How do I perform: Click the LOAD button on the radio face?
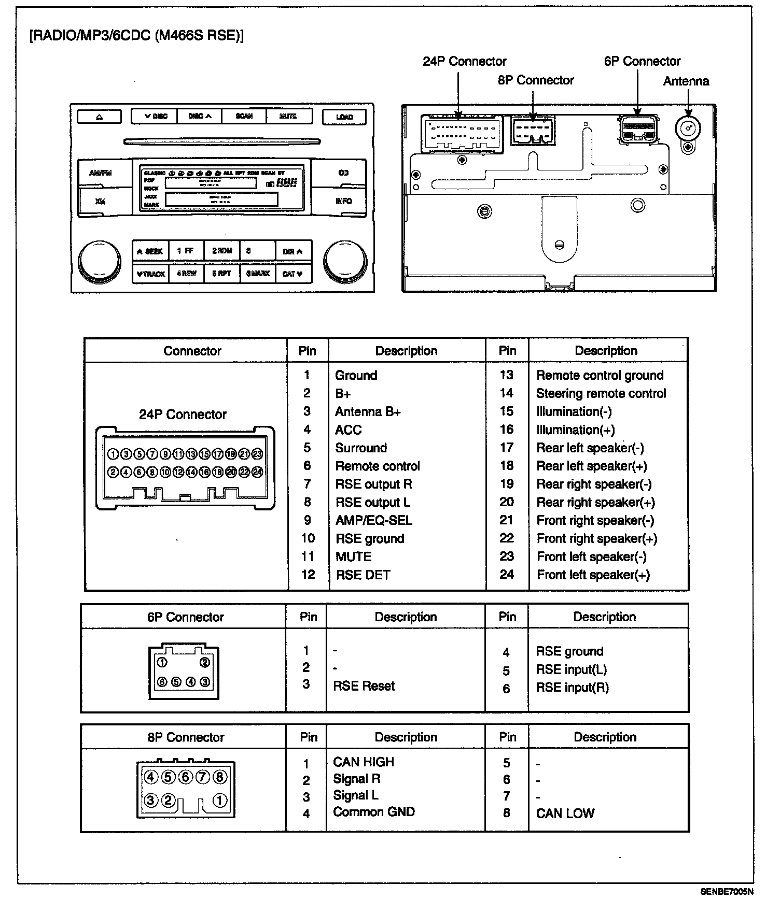(344, 117)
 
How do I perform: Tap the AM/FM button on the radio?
(100, 173)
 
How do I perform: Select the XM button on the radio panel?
(100, 201)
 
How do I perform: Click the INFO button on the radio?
(343, 201)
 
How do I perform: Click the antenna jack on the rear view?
(688, 127)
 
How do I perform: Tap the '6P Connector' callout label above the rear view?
(642, 62)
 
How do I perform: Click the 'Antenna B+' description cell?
(368, 412)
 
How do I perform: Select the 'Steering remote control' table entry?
(601, 394)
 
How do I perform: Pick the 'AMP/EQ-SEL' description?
(373, 521)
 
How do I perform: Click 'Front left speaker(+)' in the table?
(593, 575)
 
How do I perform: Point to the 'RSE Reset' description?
(364, 686)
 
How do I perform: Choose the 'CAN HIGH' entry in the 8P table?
(364, 762)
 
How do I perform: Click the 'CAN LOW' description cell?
(565, 813)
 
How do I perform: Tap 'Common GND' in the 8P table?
(373, 812)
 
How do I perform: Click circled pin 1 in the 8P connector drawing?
(219, 801)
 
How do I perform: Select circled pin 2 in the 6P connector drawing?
(205, 663)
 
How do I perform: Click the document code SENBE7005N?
(727, 892)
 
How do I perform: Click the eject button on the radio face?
(99, 117)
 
